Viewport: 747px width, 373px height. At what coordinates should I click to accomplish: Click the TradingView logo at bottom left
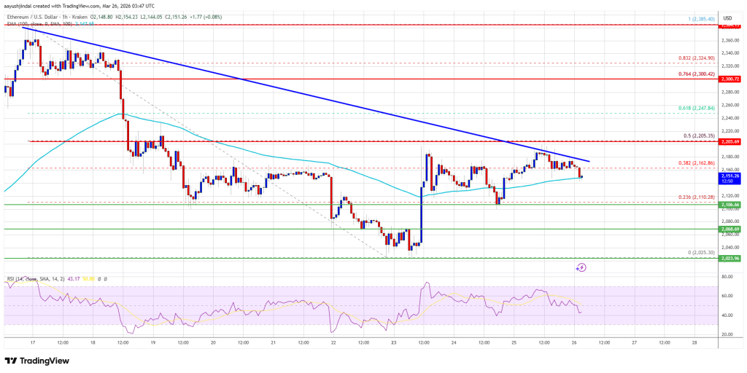[x=39, y=360]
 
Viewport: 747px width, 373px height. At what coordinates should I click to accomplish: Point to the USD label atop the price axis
[x=727, y=17]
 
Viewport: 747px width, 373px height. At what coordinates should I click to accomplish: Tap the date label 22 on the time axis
[x=333, y=342]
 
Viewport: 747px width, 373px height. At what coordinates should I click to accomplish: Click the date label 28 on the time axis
[x=694, y=342]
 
